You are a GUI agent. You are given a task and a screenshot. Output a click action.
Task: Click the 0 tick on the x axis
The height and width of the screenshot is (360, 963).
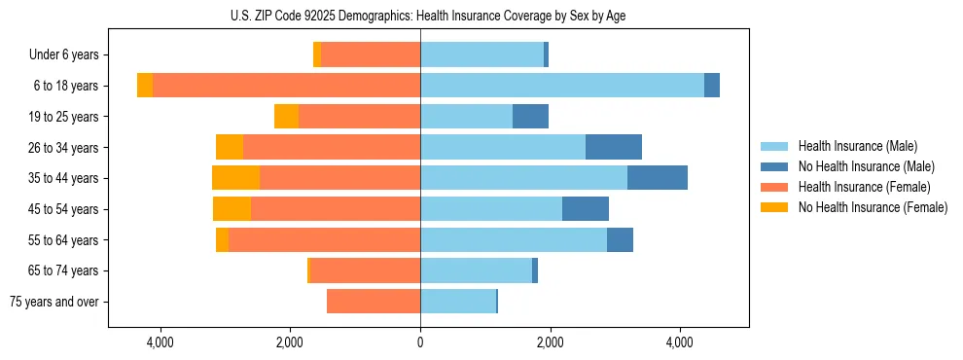point(420,342)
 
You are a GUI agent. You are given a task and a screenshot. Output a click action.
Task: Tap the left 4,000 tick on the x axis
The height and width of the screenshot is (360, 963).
point(160,342)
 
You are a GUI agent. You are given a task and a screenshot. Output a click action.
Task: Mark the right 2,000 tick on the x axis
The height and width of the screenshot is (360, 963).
point(550,342)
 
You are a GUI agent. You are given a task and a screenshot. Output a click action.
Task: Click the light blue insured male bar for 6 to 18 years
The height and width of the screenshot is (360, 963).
point(562,86)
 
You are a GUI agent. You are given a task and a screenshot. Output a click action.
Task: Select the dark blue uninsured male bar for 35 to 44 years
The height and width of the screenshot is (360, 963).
point(658,178)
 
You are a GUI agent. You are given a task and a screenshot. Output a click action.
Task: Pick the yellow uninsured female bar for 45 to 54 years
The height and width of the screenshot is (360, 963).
point(232,209)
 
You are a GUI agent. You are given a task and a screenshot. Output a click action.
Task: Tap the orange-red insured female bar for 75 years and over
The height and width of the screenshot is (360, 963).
point(374,302)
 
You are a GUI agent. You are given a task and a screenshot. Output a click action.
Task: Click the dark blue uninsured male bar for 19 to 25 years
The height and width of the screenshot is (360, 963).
point(530,117)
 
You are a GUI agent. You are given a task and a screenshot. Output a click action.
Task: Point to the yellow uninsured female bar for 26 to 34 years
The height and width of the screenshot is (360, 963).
point(230,147)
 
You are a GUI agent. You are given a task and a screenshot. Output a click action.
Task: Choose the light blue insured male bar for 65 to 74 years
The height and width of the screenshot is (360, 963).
point(476,270)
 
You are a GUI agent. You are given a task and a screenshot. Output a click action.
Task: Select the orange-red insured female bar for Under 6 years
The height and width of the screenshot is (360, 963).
point(371,54)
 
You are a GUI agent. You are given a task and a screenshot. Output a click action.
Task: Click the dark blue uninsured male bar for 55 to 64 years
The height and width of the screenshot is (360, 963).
point(620,239)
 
